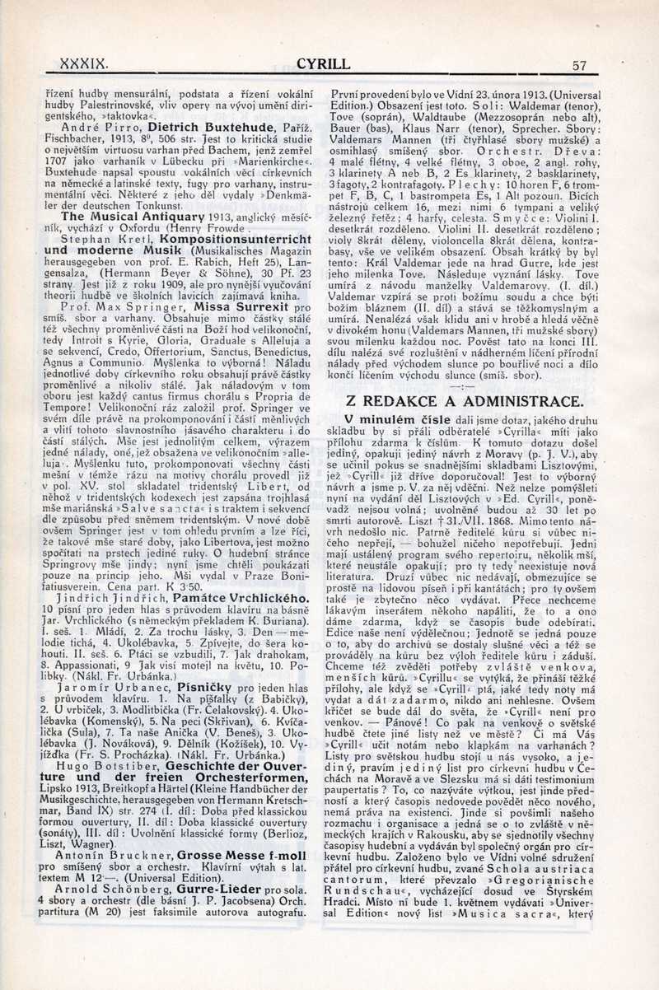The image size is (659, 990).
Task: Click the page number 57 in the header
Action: [578, 65]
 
